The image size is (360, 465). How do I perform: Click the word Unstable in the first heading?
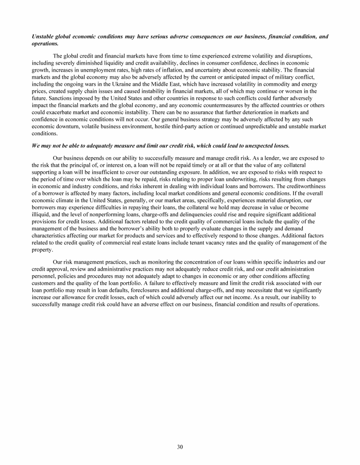click(x=43, y=37)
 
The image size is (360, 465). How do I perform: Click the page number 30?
click(x=180, y=446)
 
